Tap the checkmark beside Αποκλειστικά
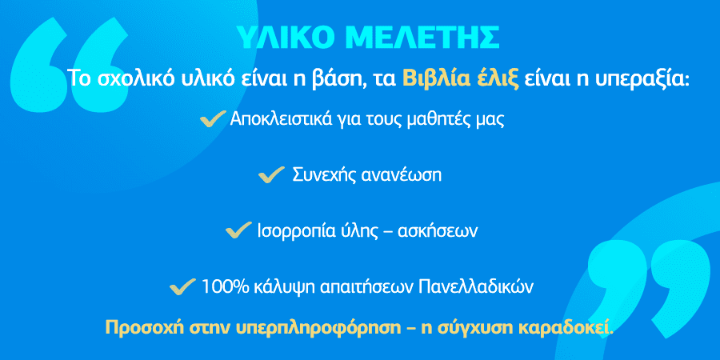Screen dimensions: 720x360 coord(213,120)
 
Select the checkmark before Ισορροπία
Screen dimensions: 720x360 coord(238,230)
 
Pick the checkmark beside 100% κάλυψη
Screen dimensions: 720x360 coord(182,286)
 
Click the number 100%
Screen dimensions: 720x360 coord(222,287)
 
